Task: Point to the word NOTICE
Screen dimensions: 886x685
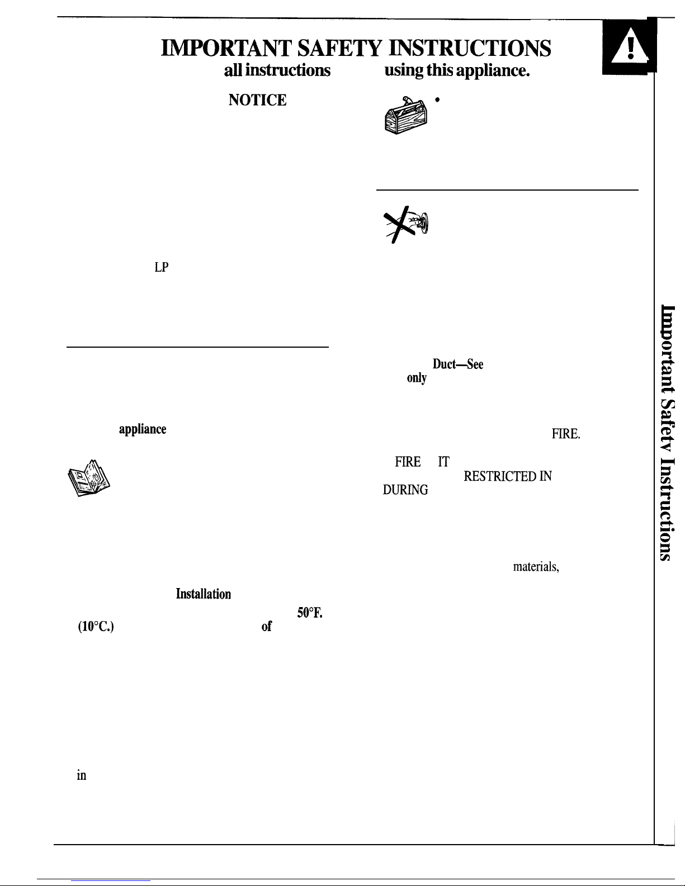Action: pos(257,100)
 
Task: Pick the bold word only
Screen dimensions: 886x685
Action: pos(417,378)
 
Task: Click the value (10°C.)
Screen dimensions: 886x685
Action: pos(96,627)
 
